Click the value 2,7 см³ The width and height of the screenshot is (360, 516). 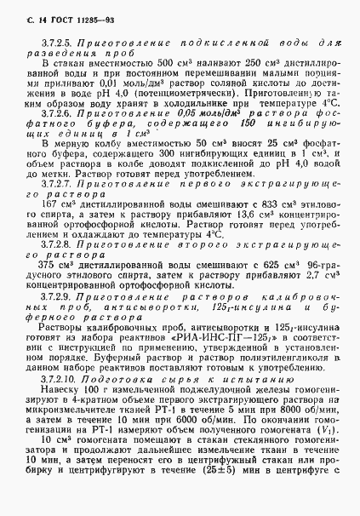point(316,285)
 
